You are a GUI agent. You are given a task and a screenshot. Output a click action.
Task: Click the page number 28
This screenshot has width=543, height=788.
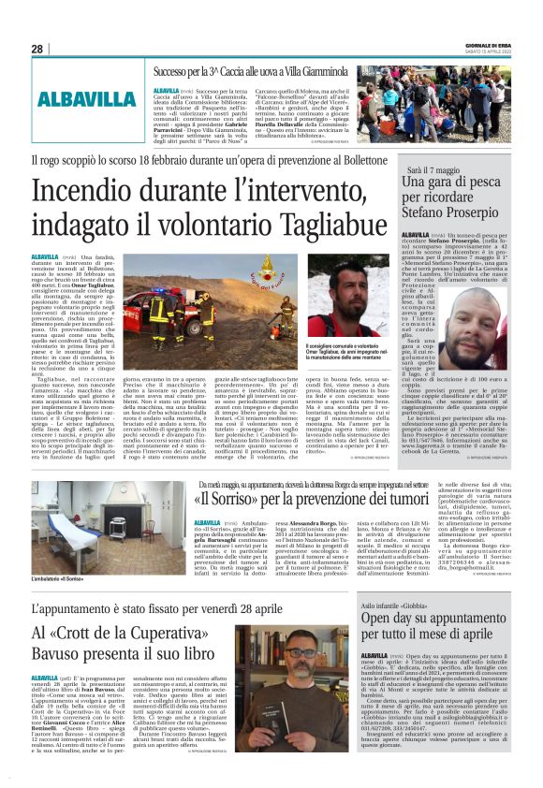coord(37,49)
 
